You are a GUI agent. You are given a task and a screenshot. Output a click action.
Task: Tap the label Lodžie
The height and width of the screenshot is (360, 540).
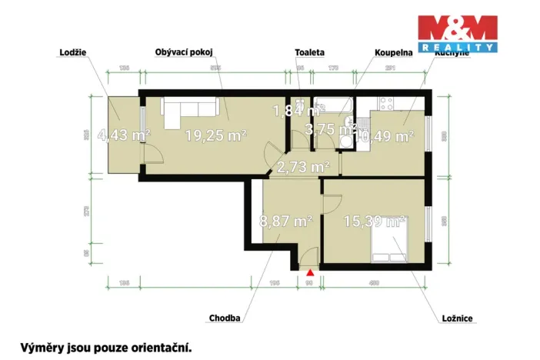tap(72, 53)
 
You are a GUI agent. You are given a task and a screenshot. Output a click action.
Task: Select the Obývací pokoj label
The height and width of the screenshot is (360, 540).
tap(184, 53)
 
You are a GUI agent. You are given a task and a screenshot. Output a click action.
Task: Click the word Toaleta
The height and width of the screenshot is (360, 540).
tap(309, 53)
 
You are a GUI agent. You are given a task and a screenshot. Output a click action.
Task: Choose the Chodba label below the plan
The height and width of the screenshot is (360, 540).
tap(225, 317)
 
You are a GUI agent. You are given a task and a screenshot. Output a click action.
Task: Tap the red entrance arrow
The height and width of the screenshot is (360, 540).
tap(310, 272)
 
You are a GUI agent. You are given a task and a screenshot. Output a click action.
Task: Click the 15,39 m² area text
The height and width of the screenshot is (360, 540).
tap(374, 222)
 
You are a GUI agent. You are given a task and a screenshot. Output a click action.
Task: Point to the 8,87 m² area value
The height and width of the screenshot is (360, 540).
tap(285, 222)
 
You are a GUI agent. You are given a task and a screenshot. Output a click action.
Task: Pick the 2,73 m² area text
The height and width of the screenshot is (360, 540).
tap(303, 165)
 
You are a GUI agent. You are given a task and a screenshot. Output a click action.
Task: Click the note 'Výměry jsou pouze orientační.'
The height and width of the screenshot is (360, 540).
tap(105, 347)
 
